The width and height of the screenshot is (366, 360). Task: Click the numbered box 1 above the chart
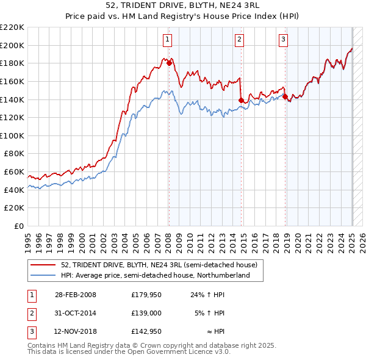tap(168, 40)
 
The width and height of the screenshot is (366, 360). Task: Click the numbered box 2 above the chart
tap(240, 40)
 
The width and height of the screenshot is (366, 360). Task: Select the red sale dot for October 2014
tap(242, 100)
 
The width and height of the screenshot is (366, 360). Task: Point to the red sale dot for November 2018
tap(285, 96)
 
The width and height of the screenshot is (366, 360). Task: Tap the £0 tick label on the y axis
tap(18, 226)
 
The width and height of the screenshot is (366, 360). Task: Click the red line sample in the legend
tap(43, 265)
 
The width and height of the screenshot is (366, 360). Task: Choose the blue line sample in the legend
tap(43, 275)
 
